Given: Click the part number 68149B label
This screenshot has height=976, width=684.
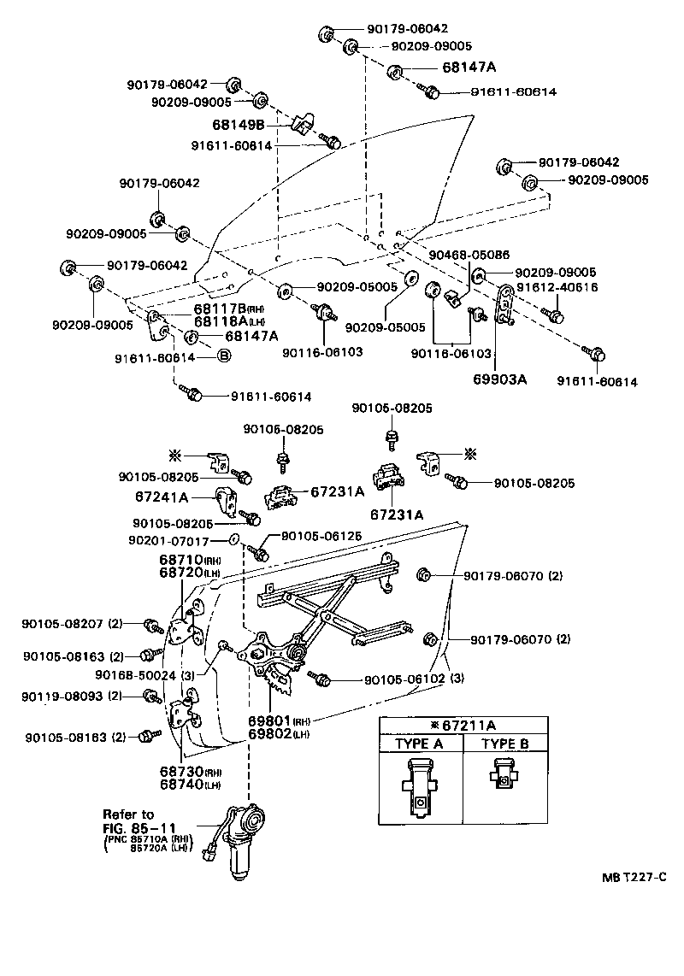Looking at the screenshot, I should pyautogui.click(x=239, y=126).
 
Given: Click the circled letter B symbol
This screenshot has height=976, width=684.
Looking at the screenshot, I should pyautogui.click(x=224, y=356).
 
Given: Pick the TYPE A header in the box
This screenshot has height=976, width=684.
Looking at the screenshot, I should pyautogui.click(x=420, y=744).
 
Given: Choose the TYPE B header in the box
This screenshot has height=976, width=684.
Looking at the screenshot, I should pyautogui.click(x=504, y=744).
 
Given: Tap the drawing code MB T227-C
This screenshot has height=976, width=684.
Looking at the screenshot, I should pyautogui.click(x=634, y=878).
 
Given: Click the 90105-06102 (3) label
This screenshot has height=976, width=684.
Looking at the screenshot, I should pyautogui.click(x=414, y=679).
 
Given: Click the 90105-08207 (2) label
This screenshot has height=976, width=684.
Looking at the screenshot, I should pyautogui.click(x=73, y=625).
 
